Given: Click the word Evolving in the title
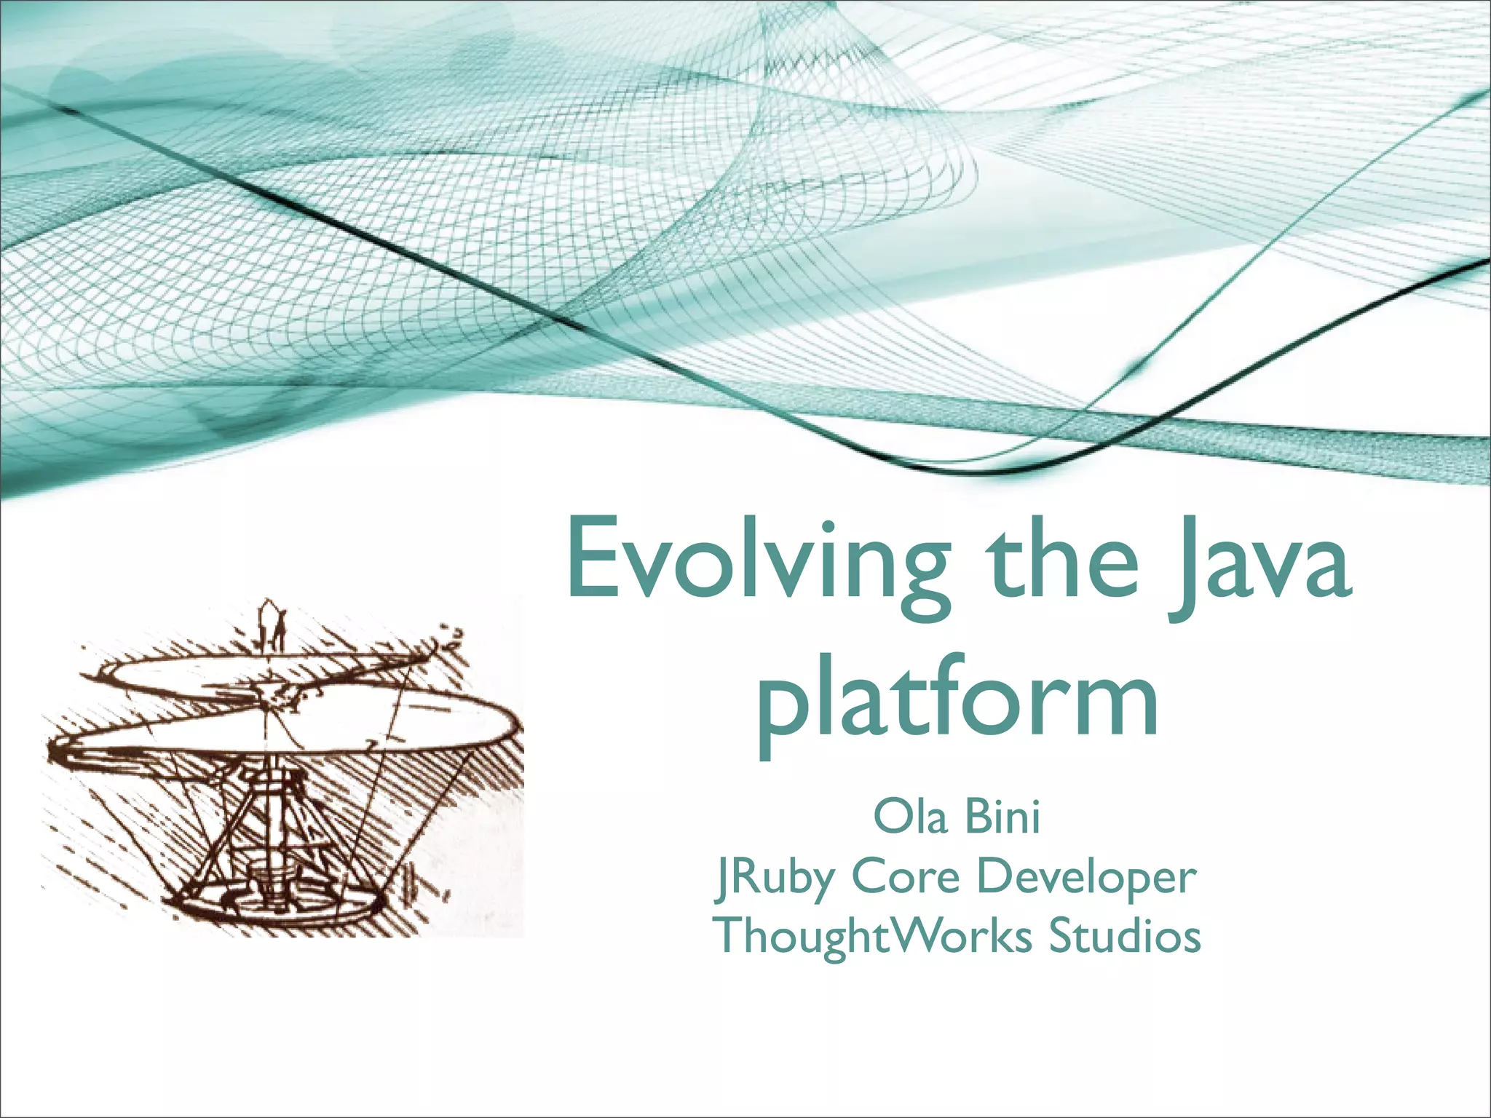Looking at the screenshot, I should (757, 564).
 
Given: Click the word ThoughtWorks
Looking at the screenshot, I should (874, 935).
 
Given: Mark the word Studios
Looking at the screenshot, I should (1125, 935).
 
